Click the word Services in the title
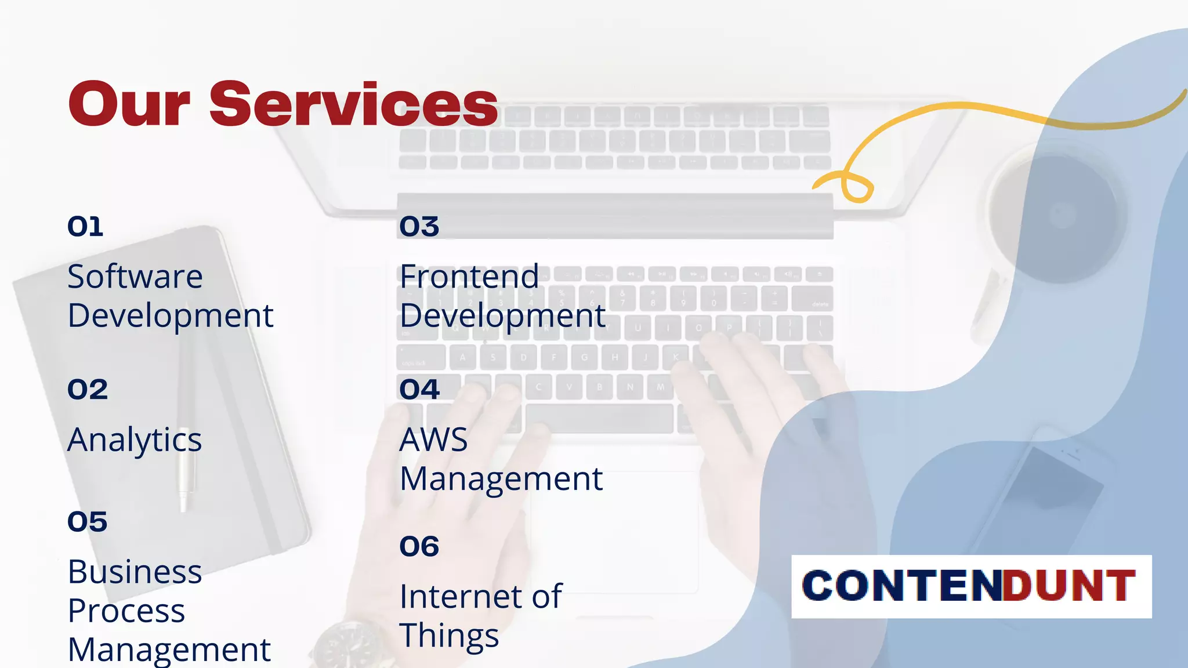point(353,104)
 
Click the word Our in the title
point(129,104)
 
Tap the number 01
point(85,227)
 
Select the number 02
point(88,390)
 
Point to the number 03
point(419,227)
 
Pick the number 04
point(419,390)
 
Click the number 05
point(88,522)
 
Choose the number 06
point(419,547)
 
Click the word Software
point(135,277)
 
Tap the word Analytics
point(135,441)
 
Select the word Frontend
point(469,277)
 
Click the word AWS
point(433,440)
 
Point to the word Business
point(135,572)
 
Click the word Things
point(449,636)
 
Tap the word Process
point(126,612)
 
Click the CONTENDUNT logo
point(971,586)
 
